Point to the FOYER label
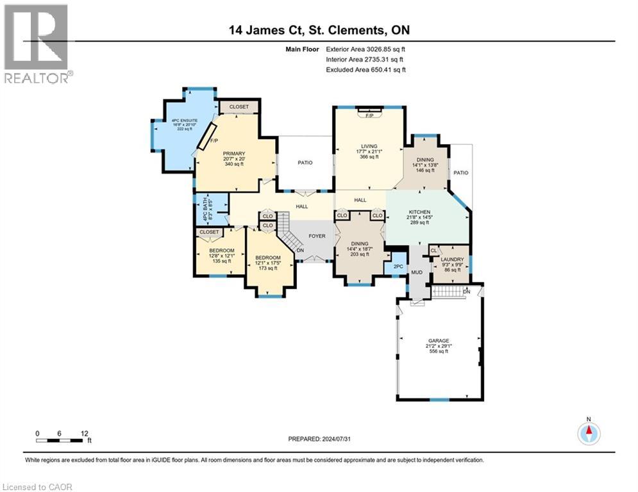[317, 236]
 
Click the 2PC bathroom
[398, 265]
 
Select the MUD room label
[417, 273]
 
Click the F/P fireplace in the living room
[369, 116]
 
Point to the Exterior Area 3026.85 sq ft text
[366, 49]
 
